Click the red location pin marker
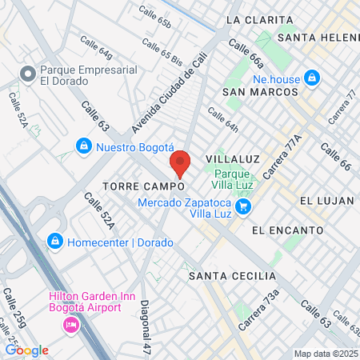click(180, 163)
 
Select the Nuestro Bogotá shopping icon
click(83, 146)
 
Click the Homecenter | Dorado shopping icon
click(54, 240)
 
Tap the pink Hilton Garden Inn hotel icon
click(70, 326)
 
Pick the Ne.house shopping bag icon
click(312, 78)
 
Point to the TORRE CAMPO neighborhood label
click(144, 186)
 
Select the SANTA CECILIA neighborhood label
click(227, 276)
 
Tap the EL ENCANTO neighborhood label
click(287, 230)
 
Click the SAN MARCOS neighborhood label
click(254, 92)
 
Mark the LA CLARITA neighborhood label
click(256, 18)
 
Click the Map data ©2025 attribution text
click(326, 354)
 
